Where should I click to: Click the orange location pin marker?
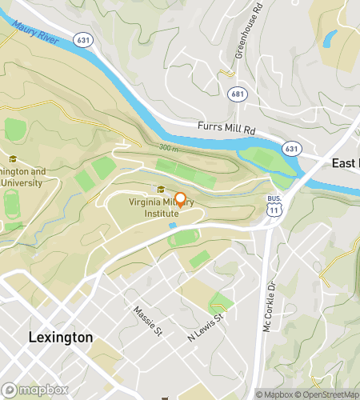181,200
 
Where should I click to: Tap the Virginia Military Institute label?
161,208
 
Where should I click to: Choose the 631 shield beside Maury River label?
83,38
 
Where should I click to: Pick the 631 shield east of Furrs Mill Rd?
292,148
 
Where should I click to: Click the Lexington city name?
60,337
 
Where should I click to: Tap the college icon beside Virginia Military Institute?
161,190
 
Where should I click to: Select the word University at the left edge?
22,182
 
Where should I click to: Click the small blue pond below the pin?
173,226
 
